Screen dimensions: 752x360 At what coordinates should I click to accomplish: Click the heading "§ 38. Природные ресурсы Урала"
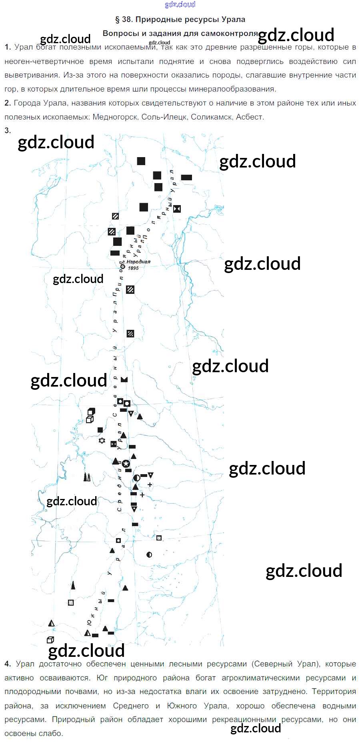[180, 19]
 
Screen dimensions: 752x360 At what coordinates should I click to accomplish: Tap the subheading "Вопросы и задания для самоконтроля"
[180, 33]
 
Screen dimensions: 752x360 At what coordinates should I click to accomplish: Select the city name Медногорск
[115, 117]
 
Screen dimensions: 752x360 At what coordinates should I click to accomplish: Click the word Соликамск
[211, 117]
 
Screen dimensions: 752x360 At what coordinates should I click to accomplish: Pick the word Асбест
[249, 117]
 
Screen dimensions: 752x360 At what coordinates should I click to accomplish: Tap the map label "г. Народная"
[137, 262]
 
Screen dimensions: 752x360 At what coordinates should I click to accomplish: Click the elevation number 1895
[133, 268]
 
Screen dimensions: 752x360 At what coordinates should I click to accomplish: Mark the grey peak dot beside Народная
[123, 267]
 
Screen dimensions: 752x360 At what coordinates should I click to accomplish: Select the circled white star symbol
[126, 464]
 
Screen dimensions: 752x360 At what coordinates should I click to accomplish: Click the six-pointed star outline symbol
[102, 441]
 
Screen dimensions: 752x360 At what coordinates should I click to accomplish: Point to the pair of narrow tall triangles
[87, 477]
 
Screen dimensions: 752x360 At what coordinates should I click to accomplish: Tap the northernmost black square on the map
[141, 161]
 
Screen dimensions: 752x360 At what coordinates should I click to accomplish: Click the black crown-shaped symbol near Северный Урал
[124, 379]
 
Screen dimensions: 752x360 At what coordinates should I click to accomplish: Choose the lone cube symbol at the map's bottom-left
[50, 640]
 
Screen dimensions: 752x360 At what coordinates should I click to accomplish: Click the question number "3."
[8, 130]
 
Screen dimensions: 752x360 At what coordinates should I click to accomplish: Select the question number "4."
[8, 664]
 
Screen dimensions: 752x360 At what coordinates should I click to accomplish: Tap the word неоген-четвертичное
[44, 61]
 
